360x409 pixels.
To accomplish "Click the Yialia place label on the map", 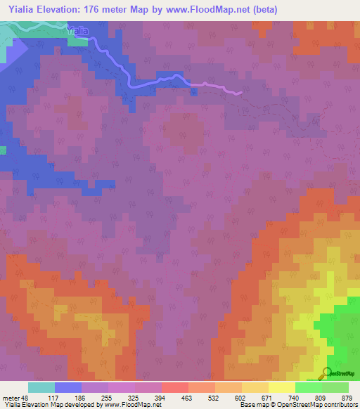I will click(x=79, y=30).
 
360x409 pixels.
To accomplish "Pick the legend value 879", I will click(x=347, y=397).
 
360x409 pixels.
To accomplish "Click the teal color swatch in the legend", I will click(x=41, y=387).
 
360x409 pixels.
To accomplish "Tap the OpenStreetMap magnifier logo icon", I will click(x=327, y=372).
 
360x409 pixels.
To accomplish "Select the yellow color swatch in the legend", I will click(x=282, y=387).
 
